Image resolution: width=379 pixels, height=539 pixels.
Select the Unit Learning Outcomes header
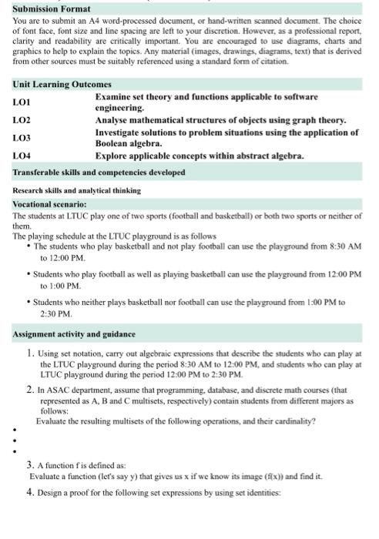click(x=62, y=84)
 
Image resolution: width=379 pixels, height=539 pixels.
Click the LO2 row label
click(x=22, y=121)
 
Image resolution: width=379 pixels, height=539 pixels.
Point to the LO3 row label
click(x=22, y=138)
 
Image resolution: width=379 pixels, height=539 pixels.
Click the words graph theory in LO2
click(x=320, y=121)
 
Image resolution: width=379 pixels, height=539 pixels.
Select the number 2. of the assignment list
click(x=30, y=390)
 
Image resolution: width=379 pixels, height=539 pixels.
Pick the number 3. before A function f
click(x=30, y=465)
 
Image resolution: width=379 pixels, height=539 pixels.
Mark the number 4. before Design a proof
click(x=30, y=490)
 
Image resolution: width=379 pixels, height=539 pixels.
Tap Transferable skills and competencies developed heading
click(x=99, y=172)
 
